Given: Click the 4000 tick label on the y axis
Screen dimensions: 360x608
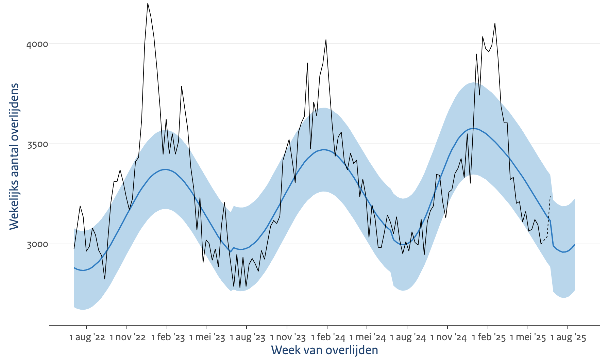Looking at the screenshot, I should (37, 44).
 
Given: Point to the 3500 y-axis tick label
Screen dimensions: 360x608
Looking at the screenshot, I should (37, 144).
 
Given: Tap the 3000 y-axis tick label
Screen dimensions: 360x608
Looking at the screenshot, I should (37, 244).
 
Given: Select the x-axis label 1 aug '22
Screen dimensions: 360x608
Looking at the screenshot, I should (87, 338).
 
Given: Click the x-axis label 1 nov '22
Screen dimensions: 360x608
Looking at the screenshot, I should (128, 338).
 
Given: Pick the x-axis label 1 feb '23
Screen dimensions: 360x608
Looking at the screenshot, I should (168, 338).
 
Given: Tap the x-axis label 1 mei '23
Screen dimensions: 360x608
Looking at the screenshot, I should (207, 338).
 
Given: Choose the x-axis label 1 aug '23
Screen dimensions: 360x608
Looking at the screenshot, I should (247, 338).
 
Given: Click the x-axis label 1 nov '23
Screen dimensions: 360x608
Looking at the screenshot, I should (288, 338).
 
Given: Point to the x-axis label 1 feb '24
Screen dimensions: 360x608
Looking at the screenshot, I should (328, 338).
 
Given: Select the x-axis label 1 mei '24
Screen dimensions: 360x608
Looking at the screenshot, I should (368, 338).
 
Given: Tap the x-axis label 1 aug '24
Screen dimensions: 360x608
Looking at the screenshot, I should (408, 338).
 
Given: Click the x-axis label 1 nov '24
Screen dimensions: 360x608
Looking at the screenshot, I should (448, 338).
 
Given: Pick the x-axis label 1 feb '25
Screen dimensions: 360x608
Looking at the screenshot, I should (489, 338).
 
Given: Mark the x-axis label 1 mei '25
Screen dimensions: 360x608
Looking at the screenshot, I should (528, 338).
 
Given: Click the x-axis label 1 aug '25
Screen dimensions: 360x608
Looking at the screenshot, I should (568, 338).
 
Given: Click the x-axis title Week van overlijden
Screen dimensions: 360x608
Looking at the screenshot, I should (324, 350).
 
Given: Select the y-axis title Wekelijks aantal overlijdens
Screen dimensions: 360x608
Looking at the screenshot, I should (14, 157).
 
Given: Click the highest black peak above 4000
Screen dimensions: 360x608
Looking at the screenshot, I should (148, 4).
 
